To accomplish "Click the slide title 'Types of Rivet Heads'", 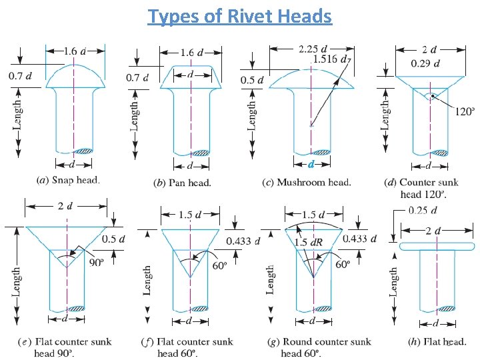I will click(240, 15).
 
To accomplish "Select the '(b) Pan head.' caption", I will click(181, 183).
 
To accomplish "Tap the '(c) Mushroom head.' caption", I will click(304, 182).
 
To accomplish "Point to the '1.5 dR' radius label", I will click(309, 241).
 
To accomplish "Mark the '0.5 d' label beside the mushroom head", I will click(253, 80).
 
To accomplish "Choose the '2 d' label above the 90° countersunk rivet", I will click(64, 206).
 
